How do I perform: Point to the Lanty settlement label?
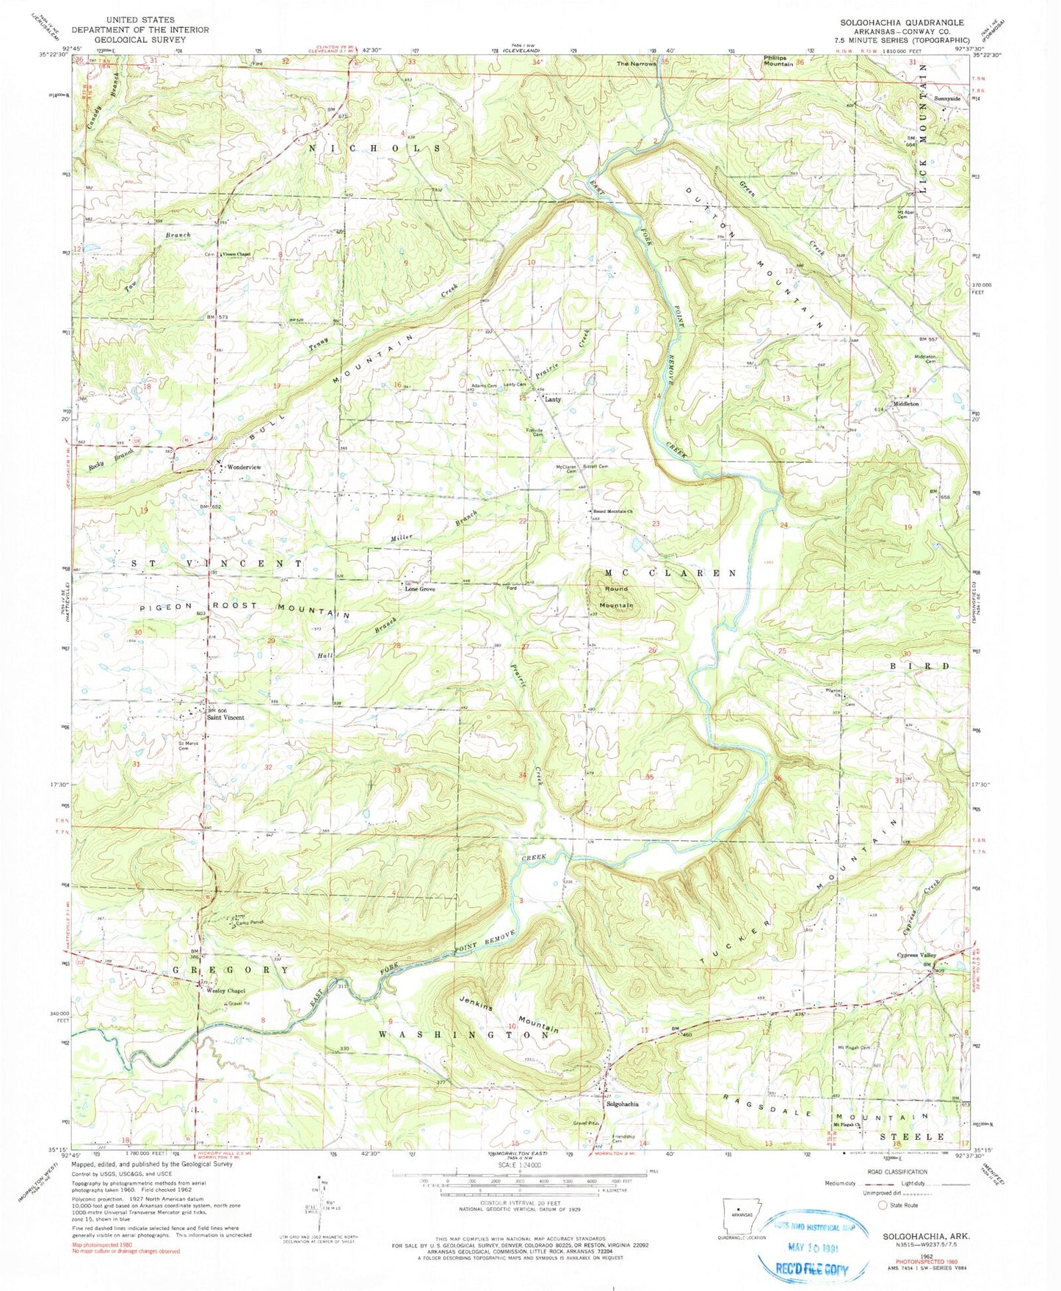[552, 400]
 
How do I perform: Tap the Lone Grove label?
[419, 589]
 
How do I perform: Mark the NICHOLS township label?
[376, 148]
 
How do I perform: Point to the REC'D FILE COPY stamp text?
[808, 1269]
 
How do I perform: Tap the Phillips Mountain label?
[778, 60]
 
